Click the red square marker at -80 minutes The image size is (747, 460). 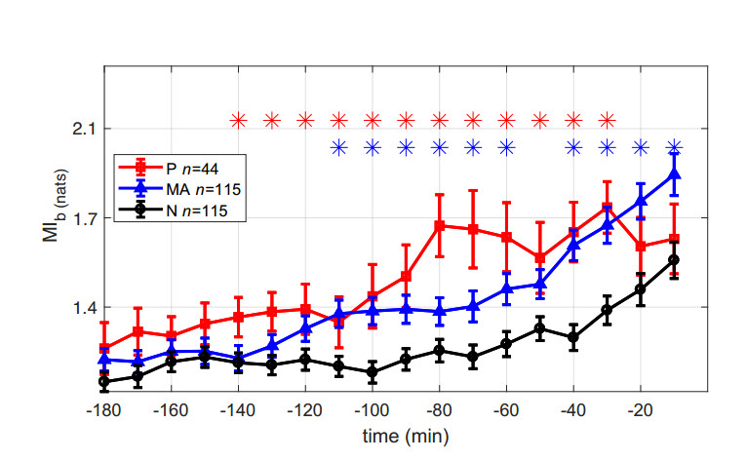tap(439, 226)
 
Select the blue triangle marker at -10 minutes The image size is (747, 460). tap(674, 174)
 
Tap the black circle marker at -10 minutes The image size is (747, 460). tap(674, 260)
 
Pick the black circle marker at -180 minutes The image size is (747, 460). tap(103, 382)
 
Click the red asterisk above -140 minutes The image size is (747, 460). tap(238, 121)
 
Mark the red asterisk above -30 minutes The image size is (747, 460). tap(607, 121)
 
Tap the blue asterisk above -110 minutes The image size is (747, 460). tap(338, 148)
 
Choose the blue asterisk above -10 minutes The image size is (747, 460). tap(674, 148)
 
